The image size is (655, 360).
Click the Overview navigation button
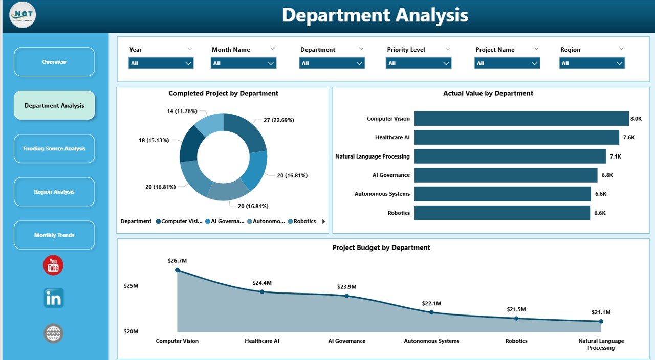click(54, 62)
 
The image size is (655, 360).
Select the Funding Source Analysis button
click(54, 149)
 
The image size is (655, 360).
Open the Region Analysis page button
click(54, 192)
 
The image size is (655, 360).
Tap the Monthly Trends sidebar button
click(54, 235)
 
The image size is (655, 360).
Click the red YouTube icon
click(53, 265)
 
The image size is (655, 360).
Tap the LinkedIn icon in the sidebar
click(53, 298)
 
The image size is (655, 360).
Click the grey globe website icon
click(53, 333)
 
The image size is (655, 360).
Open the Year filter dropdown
click(161, 63)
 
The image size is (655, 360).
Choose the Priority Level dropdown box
click(418, 63)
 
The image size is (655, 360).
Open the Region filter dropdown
click(592, 63)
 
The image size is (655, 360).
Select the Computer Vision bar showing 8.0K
click(521, 119)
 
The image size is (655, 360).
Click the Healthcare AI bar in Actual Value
click(516, 137)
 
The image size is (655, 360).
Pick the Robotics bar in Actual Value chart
click(502, 213)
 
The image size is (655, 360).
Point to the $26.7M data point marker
click(178, 269)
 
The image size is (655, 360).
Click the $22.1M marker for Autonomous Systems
click(431, 312)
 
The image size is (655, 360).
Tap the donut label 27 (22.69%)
click(278, 120)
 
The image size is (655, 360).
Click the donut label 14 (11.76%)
click(182, 111)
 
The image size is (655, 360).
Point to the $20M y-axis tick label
click(131, 331)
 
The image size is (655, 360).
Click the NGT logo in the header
click(23, 15)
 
